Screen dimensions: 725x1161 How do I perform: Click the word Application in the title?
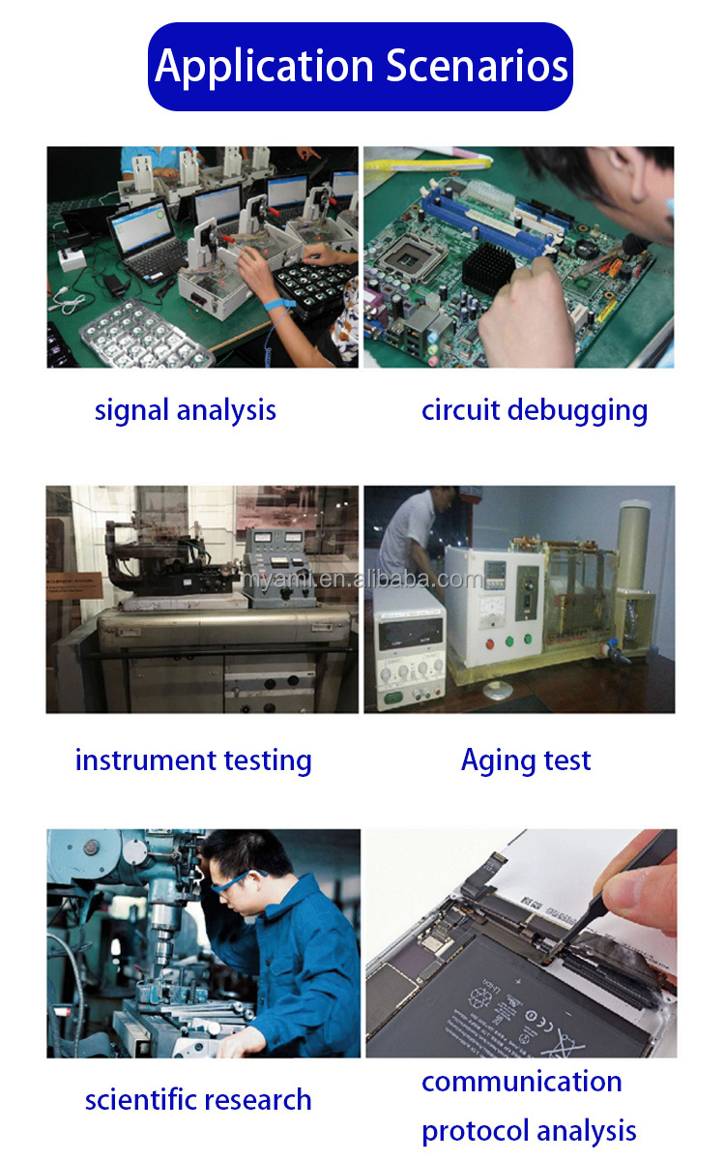265,68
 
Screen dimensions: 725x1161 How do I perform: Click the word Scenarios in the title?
477,66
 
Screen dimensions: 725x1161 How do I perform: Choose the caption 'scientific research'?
198,1099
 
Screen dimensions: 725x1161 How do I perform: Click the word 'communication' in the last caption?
521,1082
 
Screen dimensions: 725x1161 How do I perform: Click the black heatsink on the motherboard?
488,267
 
